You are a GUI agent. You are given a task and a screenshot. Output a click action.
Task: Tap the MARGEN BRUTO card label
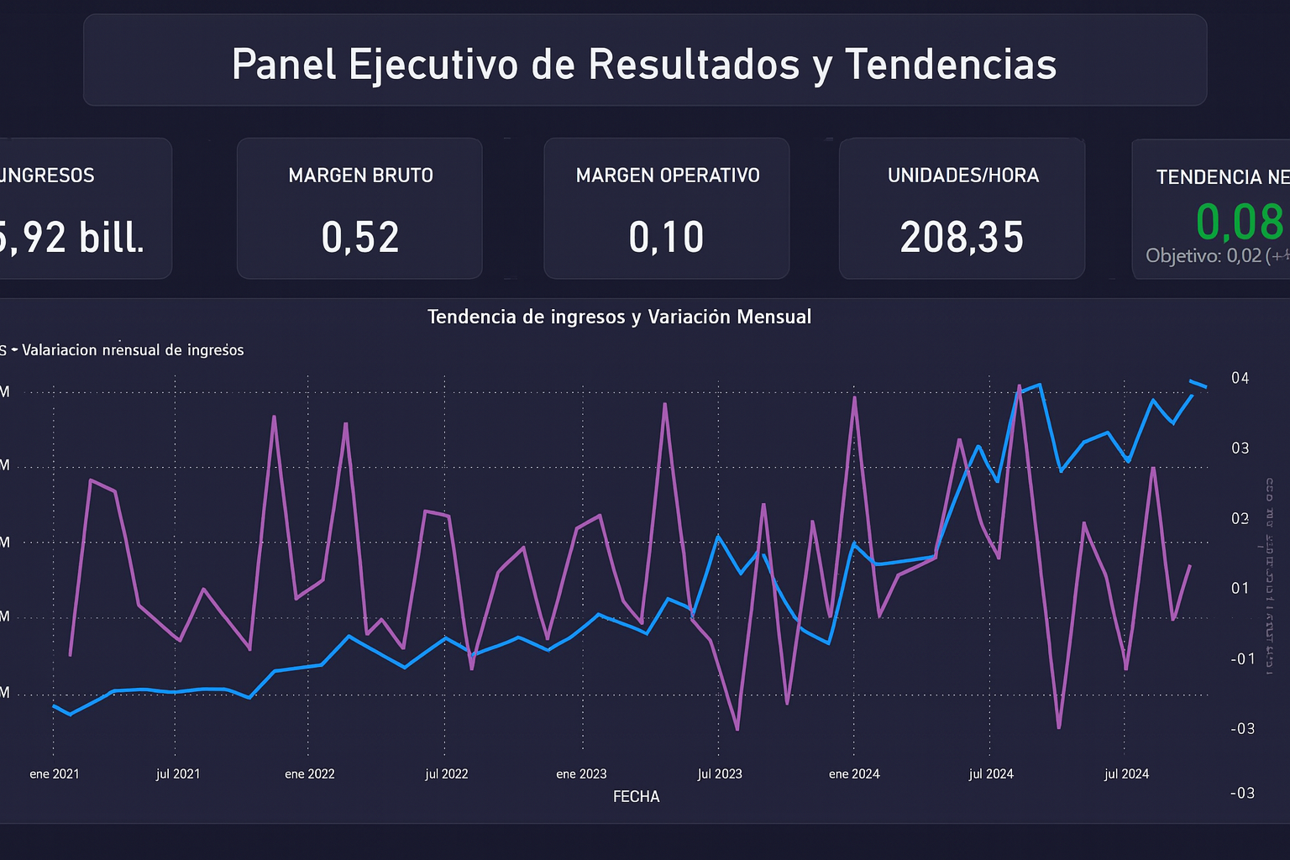tap(360, 176)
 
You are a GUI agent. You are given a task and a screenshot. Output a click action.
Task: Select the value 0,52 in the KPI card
tap(360, 238)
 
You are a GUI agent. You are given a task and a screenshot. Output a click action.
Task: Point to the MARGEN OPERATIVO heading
tap(668, 176)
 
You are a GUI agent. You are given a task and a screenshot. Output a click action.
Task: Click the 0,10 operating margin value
tap(666, 238)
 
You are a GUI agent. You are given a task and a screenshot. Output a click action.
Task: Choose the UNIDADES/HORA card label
tap(963, 176)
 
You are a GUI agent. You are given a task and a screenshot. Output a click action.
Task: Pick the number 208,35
tap(962, 238)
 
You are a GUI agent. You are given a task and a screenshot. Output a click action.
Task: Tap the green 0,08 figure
tap(1239, 223)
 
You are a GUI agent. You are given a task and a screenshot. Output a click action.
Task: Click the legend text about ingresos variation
tap(133, 350)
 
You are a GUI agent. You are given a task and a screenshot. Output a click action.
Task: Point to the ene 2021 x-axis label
tap(55, 773)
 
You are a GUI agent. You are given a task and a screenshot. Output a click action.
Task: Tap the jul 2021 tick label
tap(178, 773)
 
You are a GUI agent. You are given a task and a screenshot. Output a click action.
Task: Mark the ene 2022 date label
tap(310, 773)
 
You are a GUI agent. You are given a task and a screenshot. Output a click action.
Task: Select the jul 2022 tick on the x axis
tap(447, 773)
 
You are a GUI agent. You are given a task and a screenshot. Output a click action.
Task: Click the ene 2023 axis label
tap(581, 773)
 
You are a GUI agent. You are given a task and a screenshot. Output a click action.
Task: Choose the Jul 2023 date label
tap(720, 773)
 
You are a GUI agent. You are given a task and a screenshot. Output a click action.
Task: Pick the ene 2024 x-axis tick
tap(854, 773)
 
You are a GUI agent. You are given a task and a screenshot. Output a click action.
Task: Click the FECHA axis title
tap(636, 796)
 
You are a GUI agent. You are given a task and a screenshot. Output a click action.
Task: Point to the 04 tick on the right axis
tap(1240, 378)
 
